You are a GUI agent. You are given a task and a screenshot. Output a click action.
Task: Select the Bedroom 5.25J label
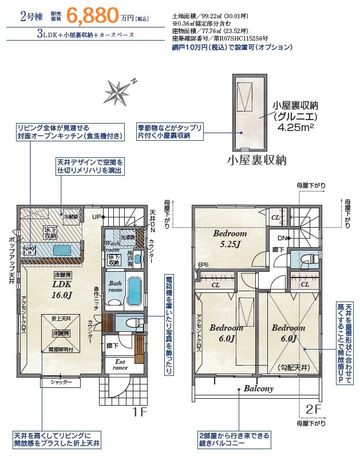[230, 239]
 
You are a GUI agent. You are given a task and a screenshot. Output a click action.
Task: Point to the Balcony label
[259, 388]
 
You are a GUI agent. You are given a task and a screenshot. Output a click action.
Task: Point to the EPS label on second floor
[203, 265]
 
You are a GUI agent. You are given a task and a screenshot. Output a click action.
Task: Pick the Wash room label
[112, 247]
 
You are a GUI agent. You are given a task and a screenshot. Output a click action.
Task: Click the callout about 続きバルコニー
[234, 439]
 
